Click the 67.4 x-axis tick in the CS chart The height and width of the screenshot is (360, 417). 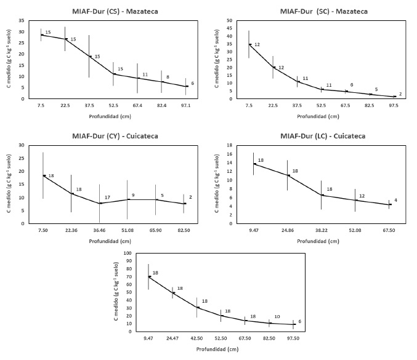(x=139, y=105)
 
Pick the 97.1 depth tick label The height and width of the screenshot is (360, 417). (x=187, y=105)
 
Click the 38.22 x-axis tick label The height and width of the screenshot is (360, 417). (x=322, y=230)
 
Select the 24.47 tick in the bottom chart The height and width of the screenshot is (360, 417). (x=172, y=338)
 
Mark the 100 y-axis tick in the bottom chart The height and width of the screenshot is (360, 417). (x=128, y=253)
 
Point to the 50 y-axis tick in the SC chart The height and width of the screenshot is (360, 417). (x=229, y=20)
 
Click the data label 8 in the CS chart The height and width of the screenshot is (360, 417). (x=167, y=77)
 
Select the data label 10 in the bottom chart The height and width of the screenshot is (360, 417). (x=277, y=317)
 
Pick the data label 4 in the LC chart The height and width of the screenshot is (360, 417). (x=395, y=200)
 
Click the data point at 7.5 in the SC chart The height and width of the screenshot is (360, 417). (x=249, y=44)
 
